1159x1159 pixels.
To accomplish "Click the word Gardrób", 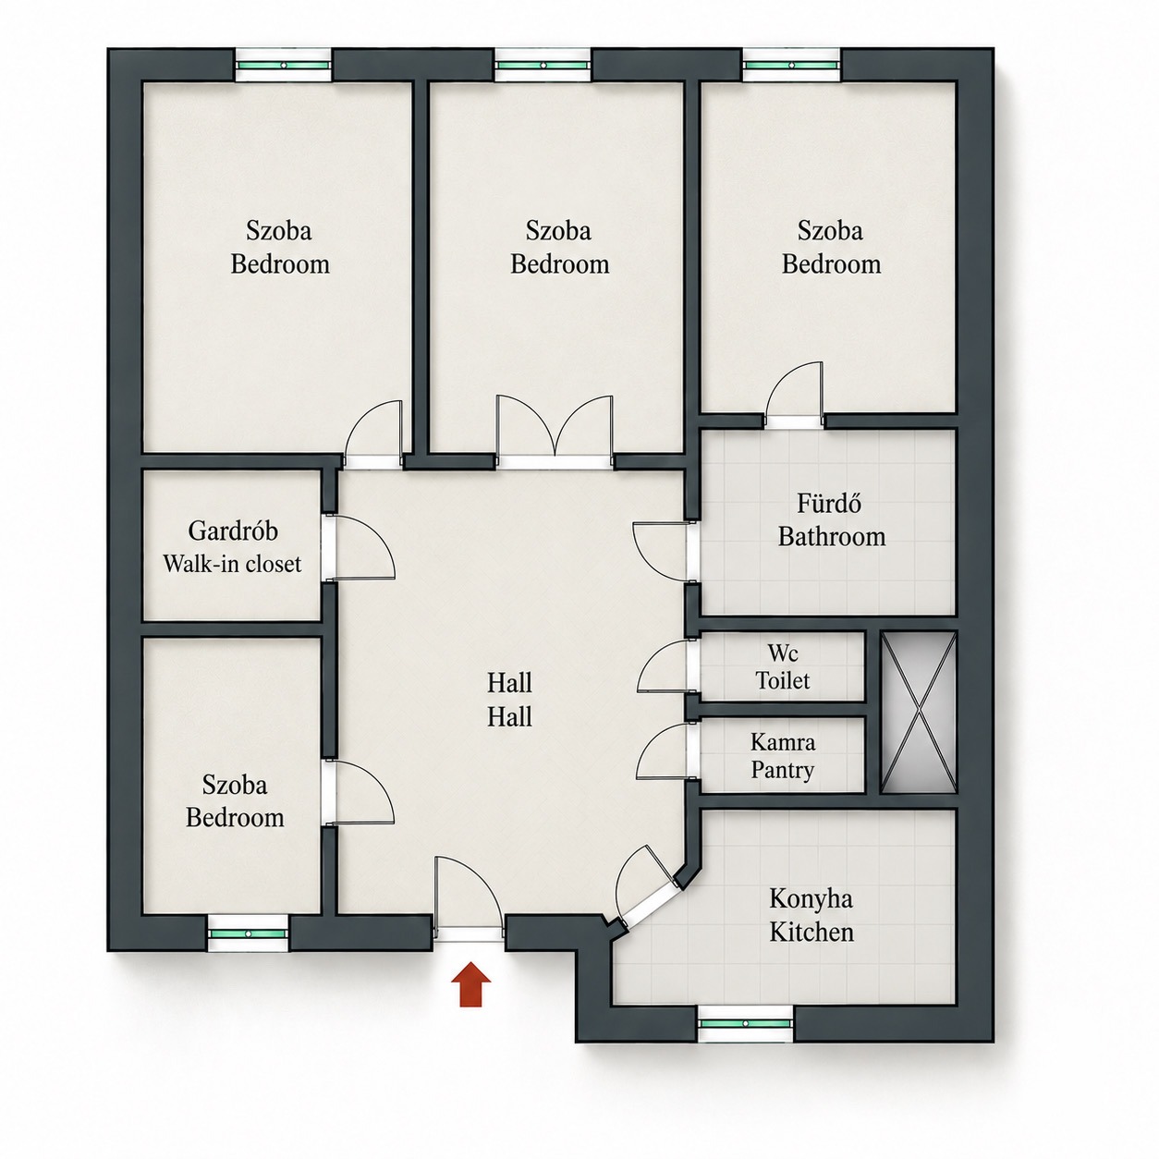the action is [x=233, y=531].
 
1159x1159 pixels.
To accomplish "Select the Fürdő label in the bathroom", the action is [x=829, y=504].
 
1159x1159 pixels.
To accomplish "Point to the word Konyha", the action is [x=811, y=899].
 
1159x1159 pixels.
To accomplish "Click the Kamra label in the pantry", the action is [x=783, y=742].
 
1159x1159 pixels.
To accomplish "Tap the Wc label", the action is [x=783, y=653].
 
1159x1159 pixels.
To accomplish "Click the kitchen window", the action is [x=746, y=1024].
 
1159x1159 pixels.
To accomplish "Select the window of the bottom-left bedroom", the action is [x=249, y=933].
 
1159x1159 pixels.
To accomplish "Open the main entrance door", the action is [x=469, y=902].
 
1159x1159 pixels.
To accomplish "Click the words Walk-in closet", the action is [x=232, y=564].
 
